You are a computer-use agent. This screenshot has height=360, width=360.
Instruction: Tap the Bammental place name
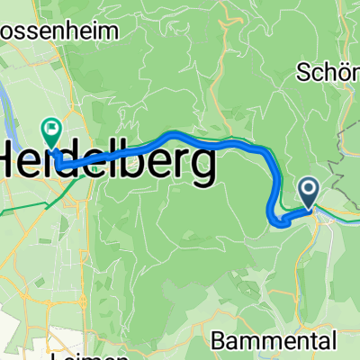point(277,340)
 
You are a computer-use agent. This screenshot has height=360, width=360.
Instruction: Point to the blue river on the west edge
point(11,90)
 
